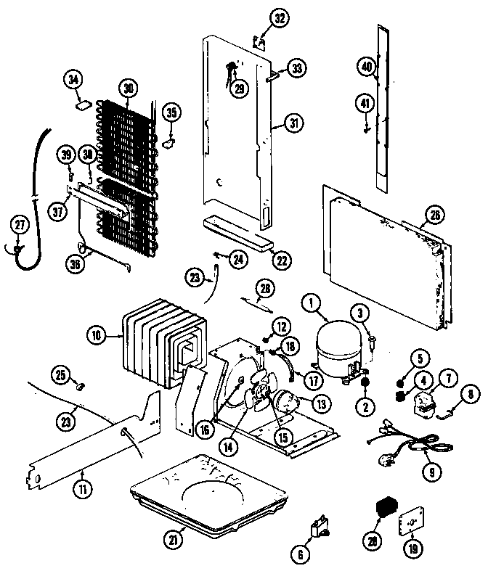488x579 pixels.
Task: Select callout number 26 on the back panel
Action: (435, 215)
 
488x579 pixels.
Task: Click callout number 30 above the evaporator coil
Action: (129, 89)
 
